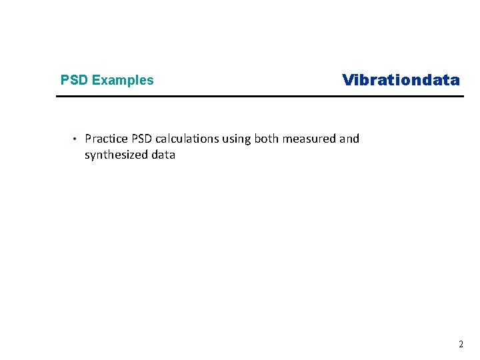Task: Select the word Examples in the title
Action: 123,81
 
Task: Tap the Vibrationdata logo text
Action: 401,81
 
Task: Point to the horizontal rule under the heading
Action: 259,97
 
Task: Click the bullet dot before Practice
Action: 75,139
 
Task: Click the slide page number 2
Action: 461,345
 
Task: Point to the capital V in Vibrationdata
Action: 348,81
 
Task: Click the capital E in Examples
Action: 96,81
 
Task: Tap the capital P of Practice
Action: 88,139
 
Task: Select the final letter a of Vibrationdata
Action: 455,81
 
